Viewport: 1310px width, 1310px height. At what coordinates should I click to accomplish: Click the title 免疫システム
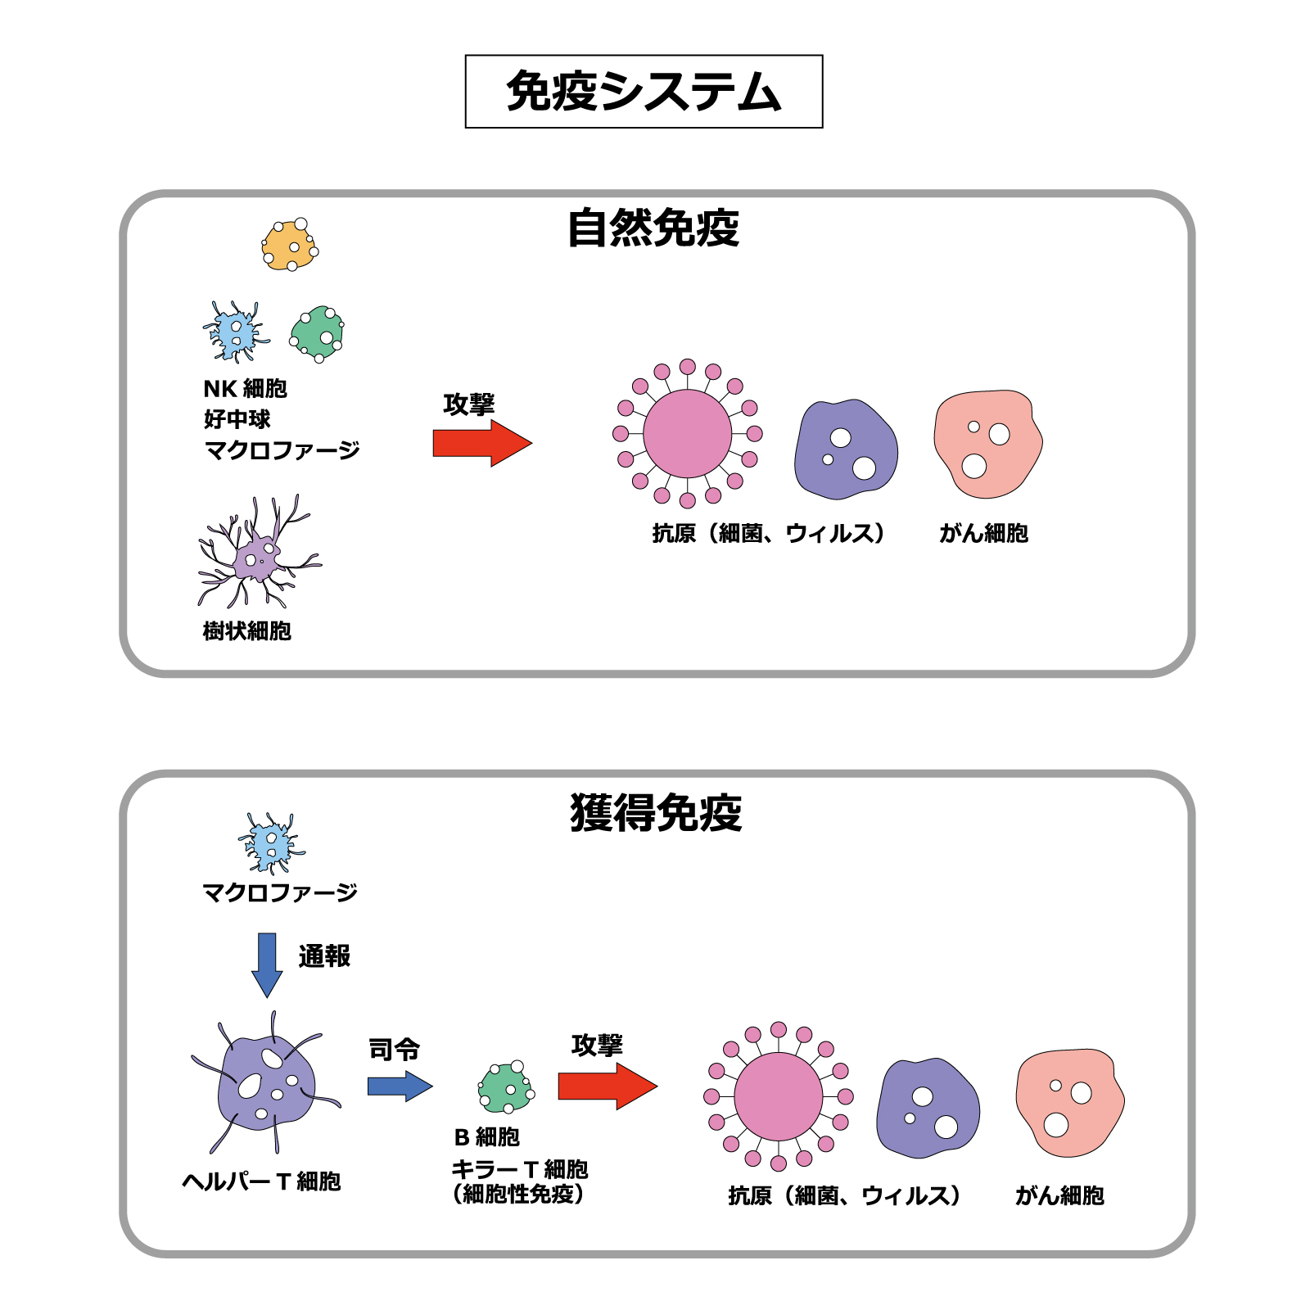[644, 91]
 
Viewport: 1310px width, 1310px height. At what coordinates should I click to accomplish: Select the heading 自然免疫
[653, 228]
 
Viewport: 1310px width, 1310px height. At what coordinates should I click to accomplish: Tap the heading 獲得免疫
[656, 813]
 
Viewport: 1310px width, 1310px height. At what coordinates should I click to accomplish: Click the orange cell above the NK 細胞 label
[290, 245]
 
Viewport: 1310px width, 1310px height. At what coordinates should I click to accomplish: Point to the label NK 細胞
[246, 388]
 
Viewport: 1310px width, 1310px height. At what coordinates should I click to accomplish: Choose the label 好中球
[237, 419]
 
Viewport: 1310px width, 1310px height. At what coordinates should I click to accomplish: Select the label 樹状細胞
[247, 630]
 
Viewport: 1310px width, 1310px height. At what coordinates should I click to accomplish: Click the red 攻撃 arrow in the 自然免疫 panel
[482, 443]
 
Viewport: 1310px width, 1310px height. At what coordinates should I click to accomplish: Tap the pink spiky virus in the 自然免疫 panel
[688, 434]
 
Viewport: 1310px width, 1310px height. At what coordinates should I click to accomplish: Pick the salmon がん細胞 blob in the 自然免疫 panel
[988, 444]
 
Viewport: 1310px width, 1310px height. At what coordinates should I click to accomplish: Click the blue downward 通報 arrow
[267, 964]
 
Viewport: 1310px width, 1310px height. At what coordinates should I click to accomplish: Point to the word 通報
[324, 955]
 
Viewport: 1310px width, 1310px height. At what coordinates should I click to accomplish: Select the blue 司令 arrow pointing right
[400, 1086]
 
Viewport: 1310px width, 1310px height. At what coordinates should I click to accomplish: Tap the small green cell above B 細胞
[506, 1086]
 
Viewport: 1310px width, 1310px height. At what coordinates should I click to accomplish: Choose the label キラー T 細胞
[520, 1169]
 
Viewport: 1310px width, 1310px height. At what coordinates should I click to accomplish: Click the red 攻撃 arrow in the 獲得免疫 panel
[608, 1086]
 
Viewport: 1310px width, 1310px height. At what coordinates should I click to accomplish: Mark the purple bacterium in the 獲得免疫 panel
[928, 1107]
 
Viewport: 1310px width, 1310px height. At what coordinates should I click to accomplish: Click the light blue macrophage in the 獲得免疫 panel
[270, 843]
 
